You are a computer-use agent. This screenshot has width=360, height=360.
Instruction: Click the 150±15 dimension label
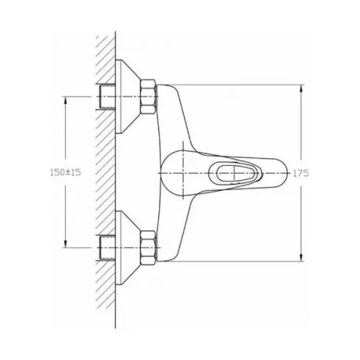point(66,172)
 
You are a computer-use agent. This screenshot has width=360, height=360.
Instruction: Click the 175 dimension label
point(301,173)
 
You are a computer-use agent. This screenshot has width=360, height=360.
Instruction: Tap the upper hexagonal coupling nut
point(149,97)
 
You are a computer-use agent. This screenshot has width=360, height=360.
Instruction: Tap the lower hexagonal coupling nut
point(149,247)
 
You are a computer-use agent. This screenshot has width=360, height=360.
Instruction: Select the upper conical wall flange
point(128,97)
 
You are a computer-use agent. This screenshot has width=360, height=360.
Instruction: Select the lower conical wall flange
point(128,247)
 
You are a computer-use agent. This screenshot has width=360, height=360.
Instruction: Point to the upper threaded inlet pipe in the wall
point(107,97)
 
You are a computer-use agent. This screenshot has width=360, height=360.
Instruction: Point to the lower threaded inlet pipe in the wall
point(107,247)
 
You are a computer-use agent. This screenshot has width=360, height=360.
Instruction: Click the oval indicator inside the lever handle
point(235,173)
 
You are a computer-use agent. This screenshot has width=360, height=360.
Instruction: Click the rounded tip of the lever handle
point(284,173)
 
